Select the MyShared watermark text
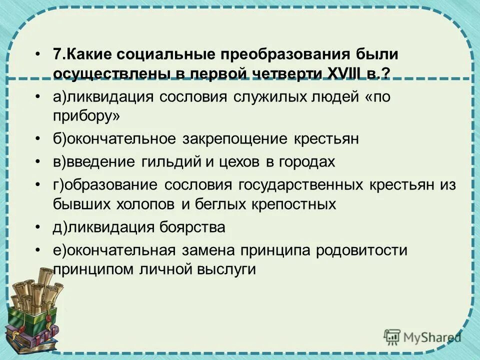(431, 336)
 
